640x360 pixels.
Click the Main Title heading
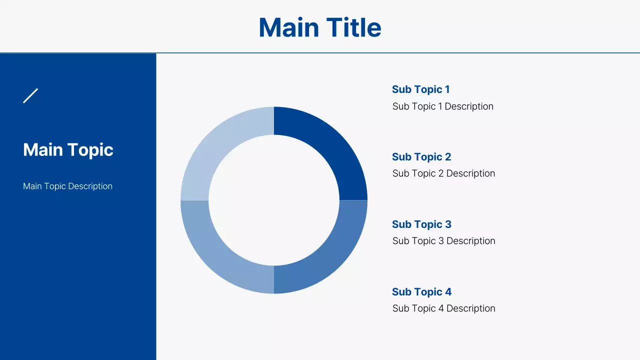tap(320, 27)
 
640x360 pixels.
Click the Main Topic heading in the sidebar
tap(68, 149)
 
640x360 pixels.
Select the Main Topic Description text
tap(67, 186)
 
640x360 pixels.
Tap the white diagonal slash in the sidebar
tap(30, 95)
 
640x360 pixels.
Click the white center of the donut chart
tap(274, 200)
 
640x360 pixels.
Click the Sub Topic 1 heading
tap(420, 89)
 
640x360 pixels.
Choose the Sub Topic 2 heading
tap(421, 157)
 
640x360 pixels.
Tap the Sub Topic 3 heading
tap(421, 224)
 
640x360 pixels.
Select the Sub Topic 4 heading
tap(421, 292)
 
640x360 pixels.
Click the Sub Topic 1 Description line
tap(442, 106)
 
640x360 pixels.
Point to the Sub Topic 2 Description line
tap(443, 173)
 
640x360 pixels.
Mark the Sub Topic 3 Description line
tap(443, 241)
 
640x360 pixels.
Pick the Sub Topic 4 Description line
tap(443, 308)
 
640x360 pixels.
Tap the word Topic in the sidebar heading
tap(90, 149)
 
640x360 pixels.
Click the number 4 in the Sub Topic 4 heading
tap(448, 292)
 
